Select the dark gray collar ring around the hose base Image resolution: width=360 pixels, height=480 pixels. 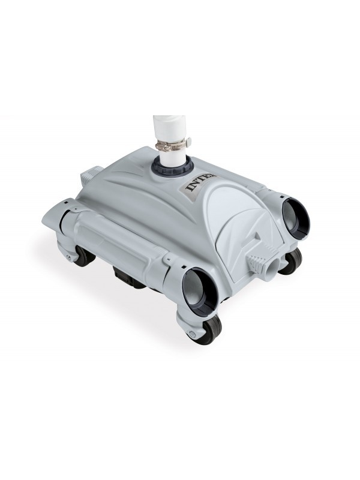[x=171, y=172]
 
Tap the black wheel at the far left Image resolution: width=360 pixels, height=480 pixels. [x=84, y=255]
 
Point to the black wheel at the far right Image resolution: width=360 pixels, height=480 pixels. [x=292, y=262]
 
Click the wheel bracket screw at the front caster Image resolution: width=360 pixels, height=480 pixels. [x=191, y=332]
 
